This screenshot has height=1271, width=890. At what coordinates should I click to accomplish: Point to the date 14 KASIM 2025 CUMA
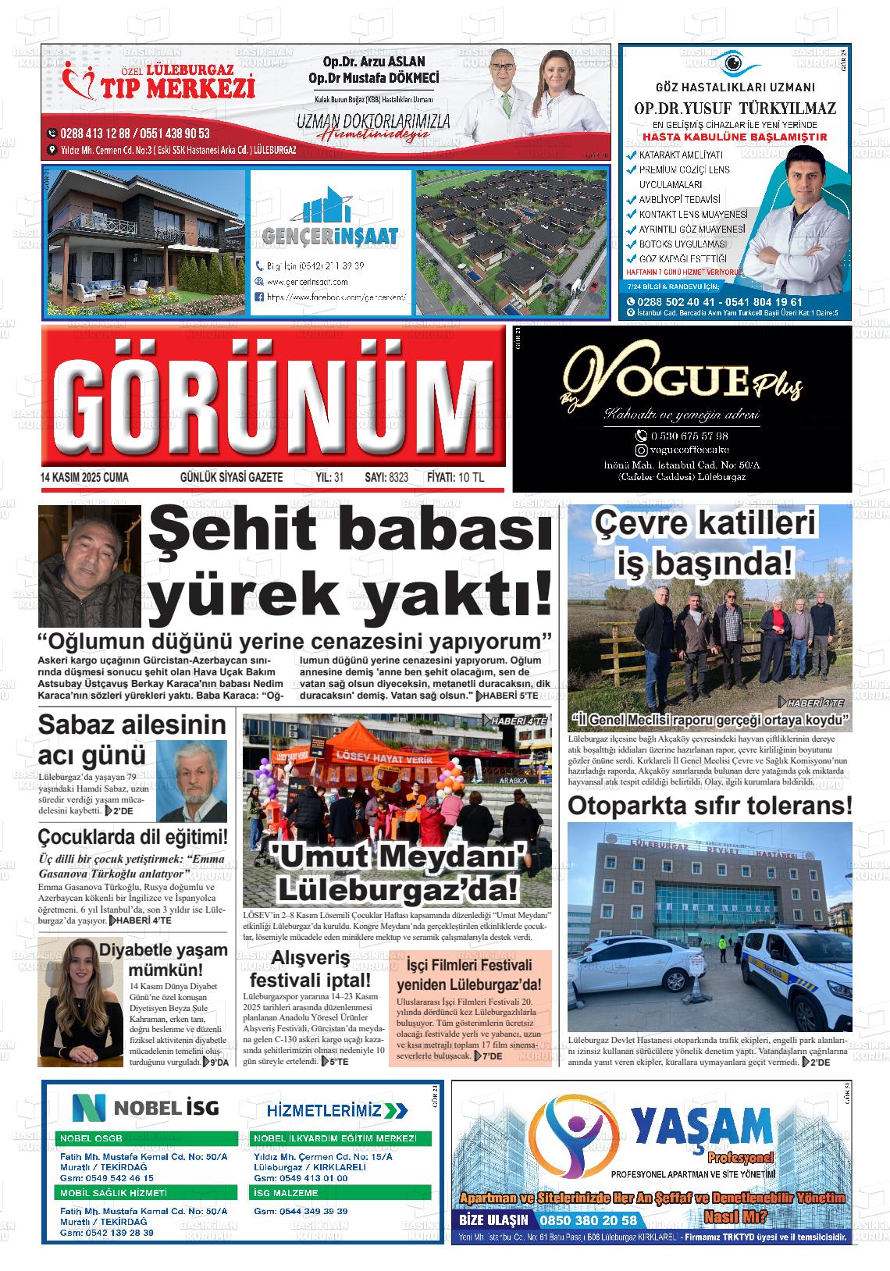(x=84, y=477)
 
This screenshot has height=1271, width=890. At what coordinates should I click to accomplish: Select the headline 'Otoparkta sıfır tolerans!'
(x=710, y=805)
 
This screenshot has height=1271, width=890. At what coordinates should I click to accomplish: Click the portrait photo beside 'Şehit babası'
(x=90, y=555)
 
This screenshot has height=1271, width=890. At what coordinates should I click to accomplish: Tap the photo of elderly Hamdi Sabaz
(x=191, y=781)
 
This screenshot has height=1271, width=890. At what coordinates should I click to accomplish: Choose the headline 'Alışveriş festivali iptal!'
(x=311, y=969)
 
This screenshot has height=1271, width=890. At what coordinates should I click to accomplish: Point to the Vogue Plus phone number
(x=683, y=436)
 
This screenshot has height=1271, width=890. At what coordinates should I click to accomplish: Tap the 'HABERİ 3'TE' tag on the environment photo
(x=816, y=703)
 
